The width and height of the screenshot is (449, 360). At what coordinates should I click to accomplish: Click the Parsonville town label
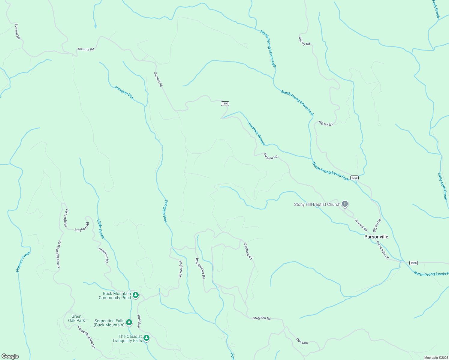[x=376, y=237]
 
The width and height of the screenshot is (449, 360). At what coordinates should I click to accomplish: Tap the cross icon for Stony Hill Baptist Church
[x=345, y=204]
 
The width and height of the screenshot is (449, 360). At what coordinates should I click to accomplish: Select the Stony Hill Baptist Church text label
[x=317, y=204]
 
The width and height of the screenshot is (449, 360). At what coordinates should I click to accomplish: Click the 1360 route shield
[x=354, y=178]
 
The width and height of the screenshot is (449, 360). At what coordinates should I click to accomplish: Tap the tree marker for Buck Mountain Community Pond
[x=136, y=295]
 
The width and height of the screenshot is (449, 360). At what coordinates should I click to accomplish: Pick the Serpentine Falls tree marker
[x=129, y=322]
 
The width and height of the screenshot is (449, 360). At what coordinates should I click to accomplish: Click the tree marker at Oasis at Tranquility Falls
[x=146, y=338]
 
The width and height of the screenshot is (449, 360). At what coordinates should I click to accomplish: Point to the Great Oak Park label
[x=76, y=318]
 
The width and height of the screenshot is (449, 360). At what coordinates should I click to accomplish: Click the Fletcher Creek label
[x=23, y=262]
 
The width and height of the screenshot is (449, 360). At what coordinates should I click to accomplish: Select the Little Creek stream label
[x=101, y=229]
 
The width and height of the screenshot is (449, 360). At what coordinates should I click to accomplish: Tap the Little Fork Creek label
[x=443, y=186]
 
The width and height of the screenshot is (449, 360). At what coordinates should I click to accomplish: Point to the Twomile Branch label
[x=257, y=134]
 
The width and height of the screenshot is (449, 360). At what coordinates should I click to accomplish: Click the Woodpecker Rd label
[x=200, y=268]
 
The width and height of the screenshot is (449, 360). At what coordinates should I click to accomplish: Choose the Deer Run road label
[x=139, y=321]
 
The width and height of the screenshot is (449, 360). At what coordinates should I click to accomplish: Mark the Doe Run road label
[x=302, y=341]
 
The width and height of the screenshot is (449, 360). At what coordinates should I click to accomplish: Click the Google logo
[x=10, y=356]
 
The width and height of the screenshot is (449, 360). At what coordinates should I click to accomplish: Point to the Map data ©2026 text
[x=435, y=358]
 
